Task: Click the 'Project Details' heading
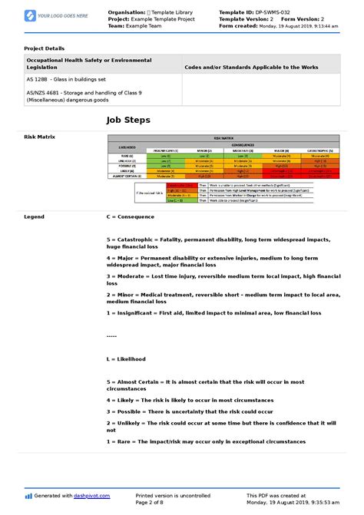tap(45, 48)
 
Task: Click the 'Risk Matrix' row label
tap(40, 137)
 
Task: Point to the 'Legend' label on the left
tap(35, 217)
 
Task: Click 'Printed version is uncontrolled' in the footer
tap(172, 495)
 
